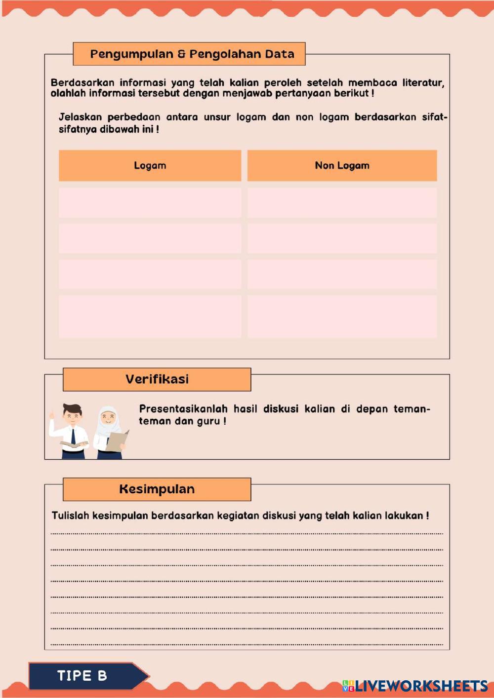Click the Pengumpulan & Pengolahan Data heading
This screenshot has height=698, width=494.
click(192, 54)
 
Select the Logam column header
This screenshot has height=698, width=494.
click(150, 166)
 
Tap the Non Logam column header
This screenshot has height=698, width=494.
click(342, 166)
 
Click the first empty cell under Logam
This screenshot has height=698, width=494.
click(150, 202)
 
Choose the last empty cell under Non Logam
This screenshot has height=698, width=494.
click(342, 316)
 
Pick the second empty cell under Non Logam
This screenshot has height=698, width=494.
click(342, 238)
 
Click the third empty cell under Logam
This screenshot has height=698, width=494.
click(150, 274)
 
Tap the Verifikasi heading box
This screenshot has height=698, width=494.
click(157, 379)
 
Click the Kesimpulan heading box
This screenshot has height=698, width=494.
click(157, 489)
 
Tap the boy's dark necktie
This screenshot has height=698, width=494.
click(73, 436)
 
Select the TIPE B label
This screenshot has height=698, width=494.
click(82, 676)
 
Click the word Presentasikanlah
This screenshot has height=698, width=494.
click(183, 409)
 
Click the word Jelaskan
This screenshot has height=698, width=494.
click(80, 117)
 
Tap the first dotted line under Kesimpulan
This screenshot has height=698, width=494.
click(247, 533)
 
